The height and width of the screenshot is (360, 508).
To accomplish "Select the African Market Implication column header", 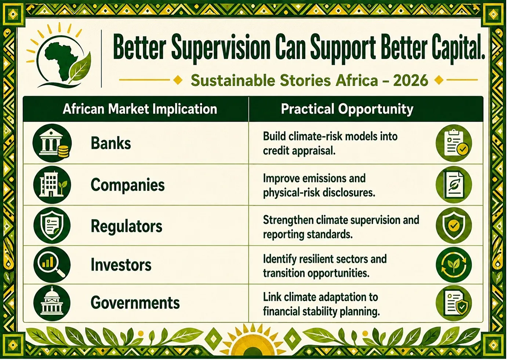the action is click(140, 109).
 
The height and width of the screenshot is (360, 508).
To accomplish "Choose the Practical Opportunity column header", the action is click(347, 109).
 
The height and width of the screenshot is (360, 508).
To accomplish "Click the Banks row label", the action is click(111, 144).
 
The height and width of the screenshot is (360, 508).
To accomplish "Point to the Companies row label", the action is click(128, 185).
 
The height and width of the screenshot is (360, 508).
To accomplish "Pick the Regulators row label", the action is click(127, 226).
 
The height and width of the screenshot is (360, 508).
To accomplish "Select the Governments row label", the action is click(135, 303).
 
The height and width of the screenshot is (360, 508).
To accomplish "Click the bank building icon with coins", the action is click(52, 143).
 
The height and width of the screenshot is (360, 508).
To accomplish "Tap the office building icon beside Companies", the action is click(52, 184).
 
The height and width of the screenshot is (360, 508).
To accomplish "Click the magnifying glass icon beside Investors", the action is click(52, 265).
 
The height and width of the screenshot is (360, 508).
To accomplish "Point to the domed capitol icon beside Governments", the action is click(52, 303).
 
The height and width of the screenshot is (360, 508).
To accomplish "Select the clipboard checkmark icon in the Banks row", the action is click(454, 143).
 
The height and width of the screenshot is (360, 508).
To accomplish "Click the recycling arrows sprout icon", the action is click(454, 264).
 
